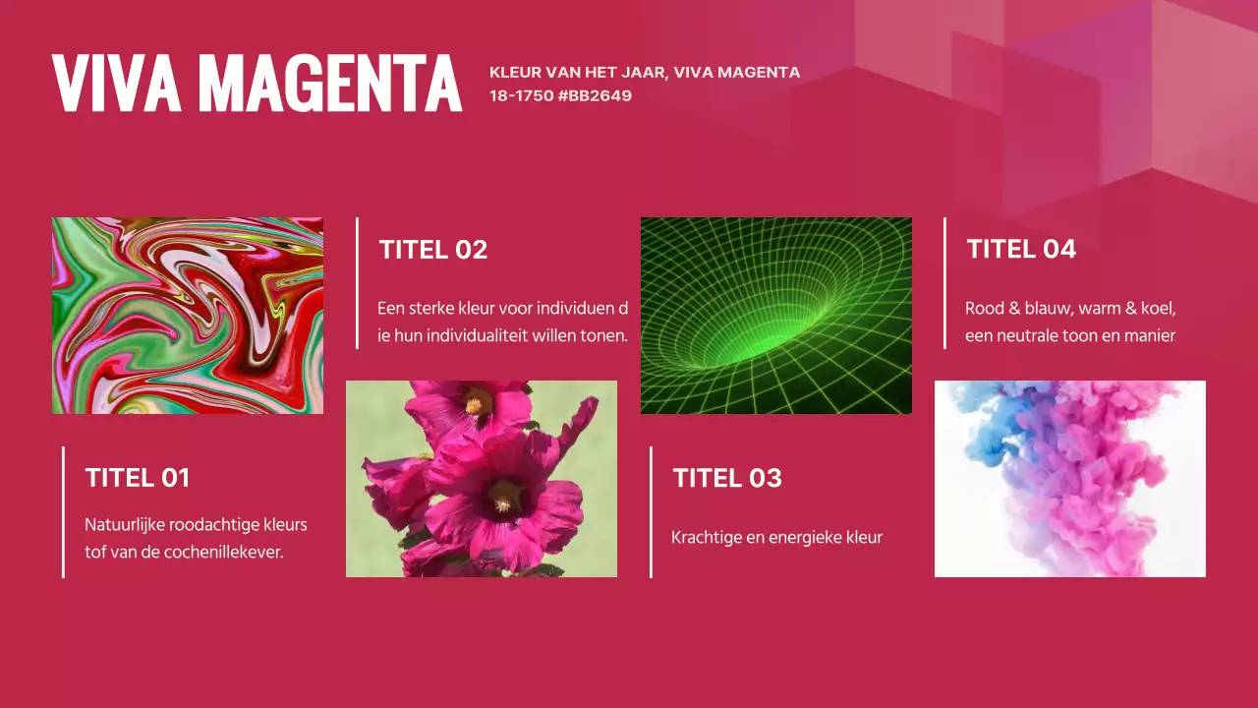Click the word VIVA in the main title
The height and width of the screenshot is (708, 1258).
(x=116, y=84)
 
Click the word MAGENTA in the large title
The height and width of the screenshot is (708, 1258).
(x=330, y=84)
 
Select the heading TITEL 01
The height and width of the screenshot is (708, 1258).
(x=138, y=478)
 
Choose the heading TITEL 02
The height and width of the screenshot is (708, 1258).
(x=433, y=250)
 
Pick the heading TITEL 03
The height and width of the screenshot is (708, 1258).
(x=727, y=478)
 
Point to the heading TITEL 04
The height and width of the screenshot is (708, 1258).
(x=1021, y=249)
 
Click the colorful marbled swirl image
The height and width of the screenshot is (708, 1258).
(x=188, y=316)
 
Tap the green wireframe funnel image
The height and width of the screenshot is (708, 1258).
(x=776, y=316)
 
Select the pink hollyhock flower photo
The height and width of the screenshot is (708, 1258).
(x=482, y=479)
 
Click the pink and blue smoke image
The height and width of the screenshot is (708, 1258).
(x=1070, y=479)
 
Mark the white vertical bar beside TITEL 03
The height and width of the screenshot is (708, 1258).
(x=651, y=512)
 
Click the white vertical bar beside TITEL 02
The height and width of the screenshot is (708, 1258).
(x=357, y=283)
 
